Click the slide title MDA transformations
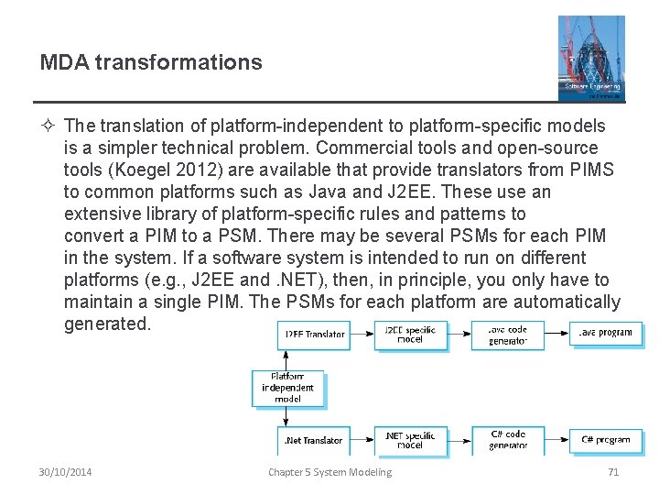click(x=151, y=62)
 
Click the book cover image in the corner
click(x=591, y=57)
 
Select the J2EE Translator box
click(x=313, y=335)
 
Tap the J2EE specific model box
click(x=410, y=335)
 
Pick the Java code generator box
click(x=507, y=335)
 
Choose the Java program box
click(x=605, y=334)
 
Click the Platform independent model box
click(x=287, y=388)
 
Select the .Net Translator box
click(x=313, y=440)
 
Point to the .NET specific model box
click(x=410, y=440)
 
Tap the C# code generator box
click(x=507, y=440)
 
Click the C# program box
click(x=605, y=440)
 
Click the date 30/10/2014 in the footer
click(x=65, y=472)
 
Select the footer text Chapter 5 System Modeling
click(x=329, y=472)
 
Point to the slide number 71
click(x=613, y=472)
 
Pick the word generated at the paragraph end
click(x=106, y=324)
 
